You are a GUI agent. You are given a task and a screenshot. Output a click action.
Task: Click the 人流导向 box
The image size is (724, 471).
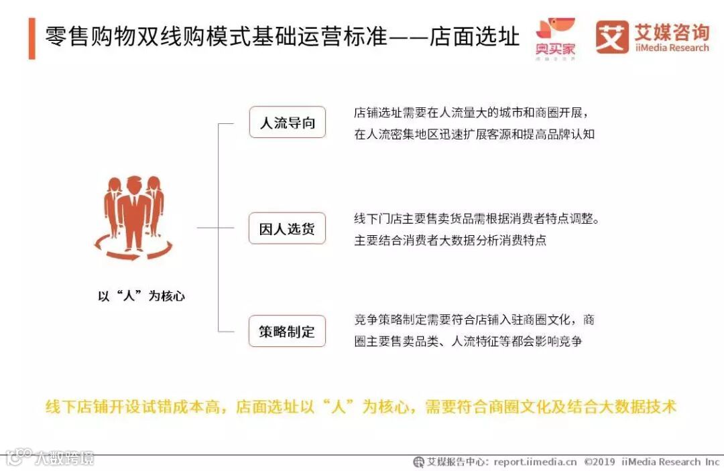click(x=287, y=123)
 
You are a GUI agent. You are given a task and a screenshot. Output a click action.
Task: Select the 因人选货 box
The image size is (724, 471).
click(x=287, y=228)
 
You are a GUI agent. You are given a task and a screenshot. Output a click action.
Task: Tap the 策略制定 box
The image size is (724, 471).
click(x=287, y=331)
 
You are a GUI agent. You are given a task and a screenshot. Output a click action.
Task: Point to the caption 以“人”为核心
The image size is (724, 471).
click(x=141, y=295)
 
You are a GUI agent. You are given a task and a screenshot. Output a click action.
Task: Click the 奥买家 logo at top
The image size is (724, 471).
click(x=555, y=38)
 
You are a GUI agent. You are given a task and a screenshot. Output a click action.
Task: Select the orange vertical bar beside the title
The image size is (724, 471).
click(x=32, y=38)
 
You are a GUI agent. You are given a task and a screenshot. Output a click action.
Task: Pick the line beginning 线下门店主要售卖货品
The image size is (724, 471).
click(x=476, y=218)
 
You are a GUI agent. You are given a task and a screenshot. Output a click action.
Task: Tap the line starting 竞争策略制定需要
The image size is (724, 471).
click(x=474, y=320)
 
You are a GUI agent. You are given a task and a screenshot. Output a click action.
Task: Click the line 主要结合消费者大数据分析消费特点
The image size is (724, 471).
click(x=450, y=240)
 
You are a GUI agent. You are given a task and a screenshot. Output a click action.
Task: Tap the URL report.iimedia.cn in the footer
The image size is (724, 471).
click(x=535, y=462)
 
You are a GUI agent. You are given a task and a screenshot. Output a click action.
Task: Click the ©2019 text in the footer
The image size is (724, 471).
click(x=600, y=462)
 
